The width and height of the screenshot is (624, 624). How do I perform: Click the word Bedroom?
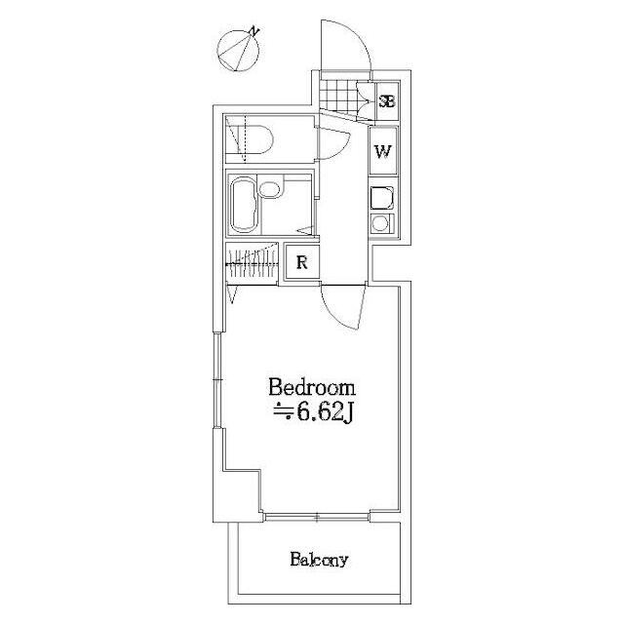point(312,388)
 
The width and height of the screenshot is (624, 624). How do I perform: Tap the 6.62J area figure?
point(323,413)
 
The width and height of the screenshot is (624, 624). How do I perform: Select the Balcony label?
point(319,560)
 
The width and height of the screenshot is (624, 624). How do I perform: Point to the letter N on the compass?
point(254,31)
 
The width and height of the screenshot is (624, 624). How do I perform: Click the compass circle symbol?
point(238,51)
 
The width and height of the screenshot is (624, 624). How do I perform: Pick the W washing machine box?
point(383,151)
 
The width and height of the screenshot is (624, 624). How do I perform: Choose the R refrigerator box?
point(302,262)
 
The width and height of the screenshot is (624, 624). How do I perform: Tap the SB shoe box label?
point(387,101)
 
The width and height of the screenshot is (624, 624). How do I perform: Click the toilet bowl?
point(254,139)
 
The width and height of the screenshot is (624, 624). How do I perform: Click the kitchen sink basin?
point(382,198)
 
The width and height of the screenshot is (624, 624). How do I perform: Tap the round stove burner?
point(380,224)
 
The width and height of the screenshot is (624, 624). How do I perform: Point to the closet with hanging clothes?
point(252,262)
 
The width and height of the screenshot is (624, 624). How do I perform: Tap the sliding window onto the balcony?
point(317,518)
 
